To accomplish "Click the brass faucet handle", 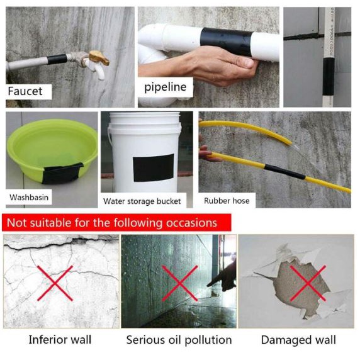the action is pos(99,58).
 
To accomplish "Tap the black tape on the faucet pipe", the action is pos(57,59).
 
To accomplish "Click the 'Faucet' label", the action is pos(25,91).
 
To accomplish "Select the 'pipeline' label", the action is pos(166,87).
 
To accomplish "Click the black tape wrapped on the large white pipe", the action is pos(227,42).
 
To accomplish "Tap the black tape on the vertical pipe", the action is pos(329,76).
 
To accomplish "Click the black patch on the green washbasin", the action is pos(62,172).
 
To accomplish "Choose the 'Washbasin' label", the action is pos(29,198).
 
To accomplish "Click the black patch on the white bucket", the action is pos(154,168).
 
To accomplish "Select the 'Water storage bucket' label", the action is pos(142,201).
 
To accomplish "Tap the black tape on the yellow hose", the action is pos(284,172).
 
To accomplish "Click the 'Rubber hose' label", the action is pos(227,201).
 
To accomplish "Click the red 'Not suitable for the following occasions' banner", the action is pos(116,222).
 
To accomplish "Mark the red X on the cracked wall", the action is pos(55,283).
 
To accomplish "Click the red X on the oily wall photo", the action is pos(180,283).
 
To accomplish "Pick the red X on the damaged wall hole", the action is pos(308,283).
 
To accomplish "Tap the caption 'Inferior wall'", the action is pos(60,340).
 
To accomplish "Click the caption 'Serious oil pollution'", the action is pos(179,340).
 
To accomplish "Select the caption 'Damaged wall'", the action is pos(298,340).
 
